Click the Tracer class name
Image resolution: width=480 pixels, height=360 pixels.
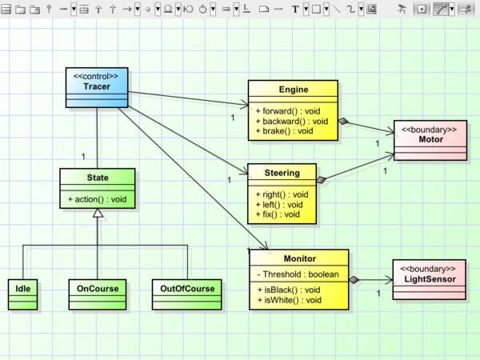(x=96, y=86)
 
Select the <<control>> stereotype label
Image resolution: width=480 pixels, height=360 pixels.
(x=96, y=76)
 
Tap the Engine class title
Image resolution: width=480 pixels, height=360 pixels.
(x=294, y=89)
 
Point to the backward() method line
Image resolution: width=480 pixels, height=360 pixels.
(x=290, y=121)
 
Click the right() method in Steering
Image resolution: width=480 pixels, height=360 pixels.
(x=278, y=194)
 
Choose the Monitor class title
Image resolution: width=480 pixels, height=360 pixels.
(x=299, y=258)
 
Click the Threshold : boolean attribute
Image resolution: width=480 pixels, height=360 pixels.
(x=298, y=274)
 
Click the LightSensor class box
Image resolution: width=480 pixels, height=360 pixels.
(x=430, y=278)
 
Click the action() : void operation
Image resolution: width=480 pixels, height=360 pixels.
(x=97, y=198)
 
